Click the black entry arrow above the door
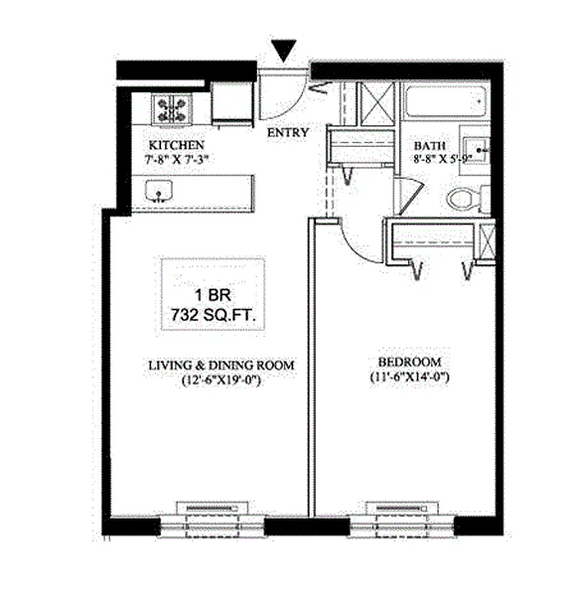tap(285, 51)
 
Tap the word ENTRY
tap(288, 133)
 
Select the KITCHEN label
tap(176, 145)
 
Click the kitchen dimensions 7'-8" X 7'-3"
tap(176, 159)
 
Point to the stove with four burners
tap(172, 108)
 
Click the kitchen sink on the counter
tap(159, 190)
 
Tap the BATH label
tap(427, 146)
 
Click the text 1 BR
tap(212, 293)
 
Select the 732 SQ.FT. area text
tap(212, 313)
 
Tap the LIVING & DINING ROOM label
tap(222, 366)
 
